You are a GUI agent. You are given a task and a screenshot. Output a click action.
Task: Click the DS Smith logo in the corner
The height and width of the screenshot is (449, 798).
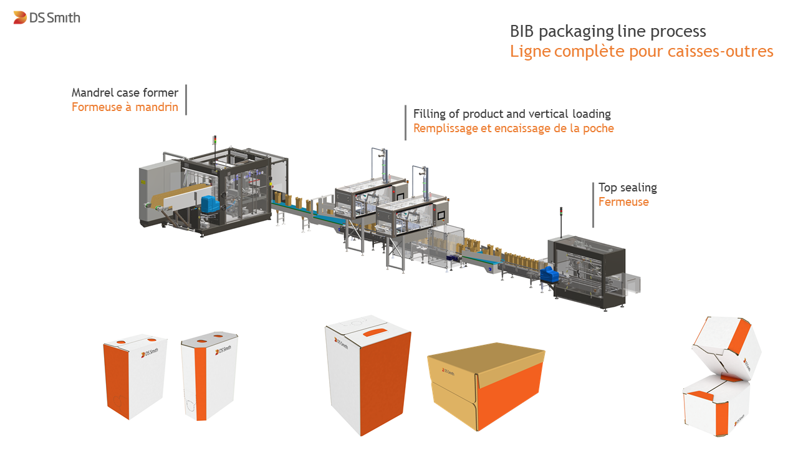[x=47, y=17]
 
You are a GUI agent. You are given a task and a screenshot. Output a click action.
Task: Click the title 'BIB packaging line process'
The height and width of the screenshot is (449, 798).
[x=608, y=32]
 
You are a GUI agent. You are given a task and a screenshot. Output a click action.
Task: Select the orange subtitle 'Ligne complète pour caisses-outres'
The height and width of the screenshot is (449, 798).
[x=642, y=51]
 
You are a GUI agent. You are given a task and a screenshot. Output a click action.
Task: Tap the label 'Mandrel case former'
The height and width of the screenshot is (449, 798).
[x=125, y=93]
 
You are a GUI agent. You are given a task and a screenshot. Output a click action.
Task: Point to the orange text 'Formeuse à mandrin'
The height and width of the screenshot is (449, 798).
[x=125, y=107]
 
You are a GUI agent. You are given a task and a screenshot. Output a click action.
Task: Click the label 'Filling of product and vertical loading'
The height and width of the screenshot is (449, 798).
[x=512, y=114]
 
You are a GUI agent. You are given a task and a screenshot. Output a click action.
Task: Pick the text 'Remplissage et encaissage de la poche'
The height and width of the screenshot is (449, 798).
[x=513, y=128]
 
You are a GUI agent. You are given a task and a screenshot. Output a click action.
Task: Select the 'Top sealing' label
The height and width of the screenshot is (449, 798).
[x=628, y=188]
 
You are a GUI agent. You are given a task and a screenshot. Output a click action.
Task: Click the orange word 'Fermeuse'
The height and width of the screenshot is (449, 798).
[x=623, y=201]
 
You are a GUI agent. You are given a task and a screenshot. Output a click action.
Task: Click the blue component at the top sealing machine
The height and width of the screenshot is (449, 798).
[x=547, y=275]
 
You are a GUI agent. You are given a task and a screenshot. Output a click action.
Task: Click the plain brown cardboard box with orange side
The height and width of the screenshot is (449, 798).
[x=486, y=386]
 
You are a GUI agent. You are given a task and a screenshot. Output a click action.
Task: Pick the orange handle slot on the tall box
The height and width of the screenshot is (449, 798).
[x=375, y=333]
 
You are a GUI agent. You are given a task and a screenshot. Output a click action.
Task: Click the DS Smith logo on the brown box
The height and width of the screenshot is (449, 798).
[x=448, y=371]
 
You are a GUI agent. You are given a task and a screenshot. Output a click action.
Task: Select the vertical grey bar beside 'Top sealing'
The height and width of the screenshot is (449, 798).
[x=593, y=205]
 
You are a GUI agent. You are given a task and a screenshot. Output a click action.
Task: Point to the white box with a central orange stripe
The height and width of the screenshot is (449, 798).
[x=209, y=376]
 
